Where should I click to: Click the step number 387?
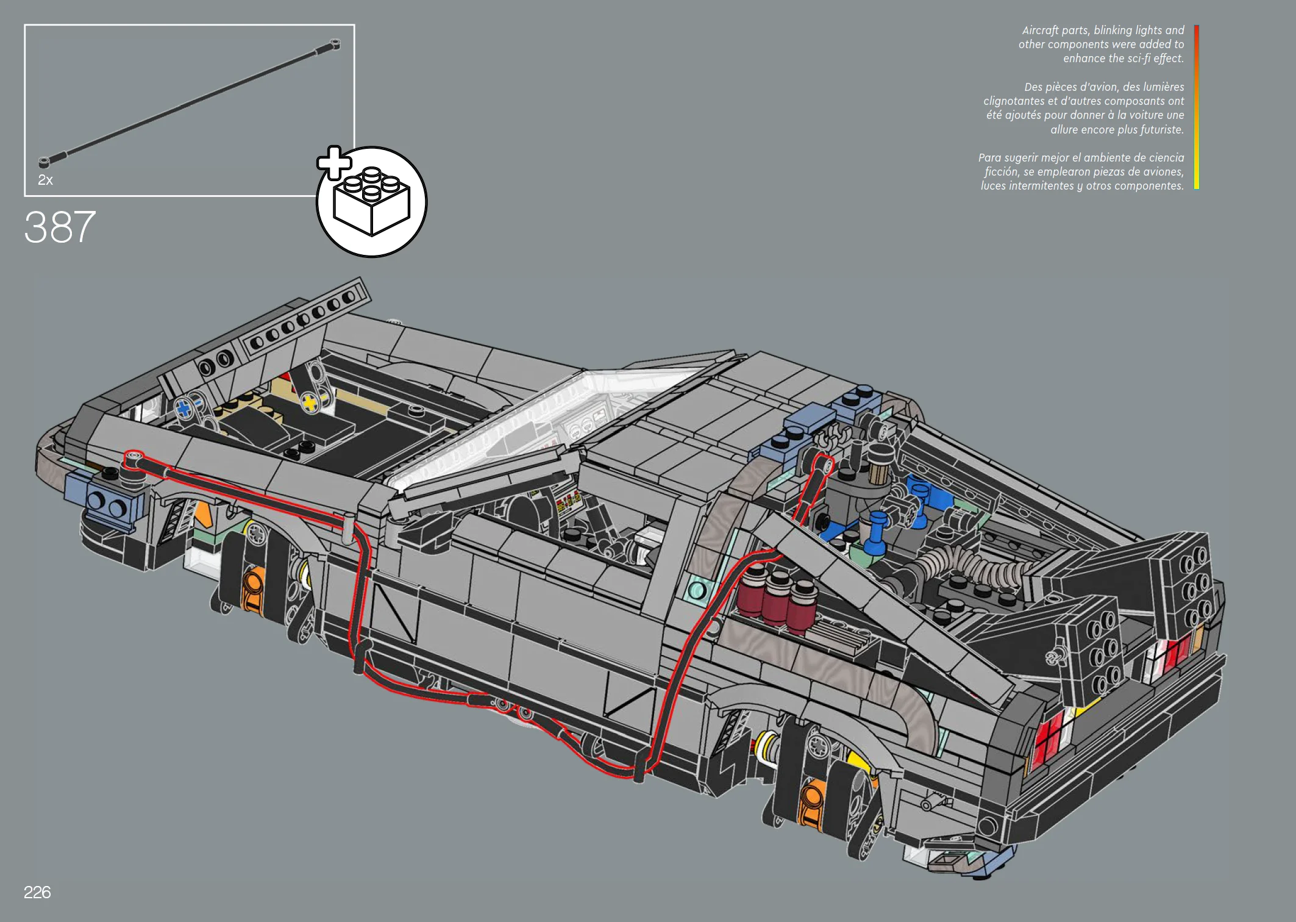(60, 227)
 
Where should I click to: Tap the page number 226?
(37, 892)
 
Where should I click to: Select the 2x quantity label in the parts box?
(45, 180)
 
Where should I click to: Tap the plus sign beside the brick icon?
(334, 163)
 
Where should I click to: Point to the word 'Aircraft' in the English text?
(1040, 30)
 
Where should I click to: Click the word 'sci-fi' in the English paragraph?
(1135, 59)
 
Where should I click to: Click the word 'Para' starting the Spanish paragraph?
(990, 158)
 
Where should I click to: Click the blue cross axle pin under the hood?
(185, 409)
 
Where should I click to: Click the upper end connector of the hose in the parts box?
(334, 44)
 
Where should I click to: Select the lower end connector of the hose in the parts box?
(45, 162)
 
